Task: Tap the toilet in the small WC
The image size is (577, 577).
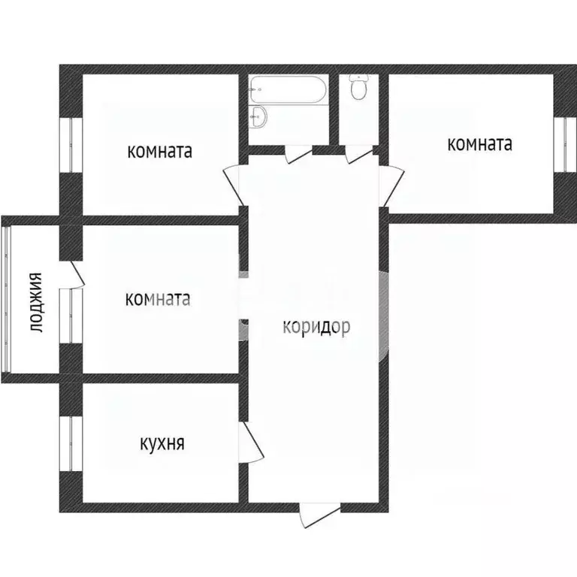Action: (x=358, y=88)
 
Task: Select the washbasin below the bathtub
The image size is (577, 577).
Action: (x=258, y=116)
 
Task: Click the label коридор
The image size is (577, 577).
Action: (x=316, y=327)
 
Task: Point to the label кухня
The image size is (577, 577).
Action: (x=162, y=443)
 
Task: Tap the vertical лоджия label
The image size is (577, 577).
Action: (x=35, y=303)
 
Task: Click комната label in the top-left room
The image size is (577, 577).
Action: (x=160, y=151)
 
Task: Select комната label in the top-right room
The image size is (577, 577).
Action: (x=479, y=143)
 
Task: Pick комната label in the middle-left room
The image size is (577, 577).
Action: (x=158, y=299)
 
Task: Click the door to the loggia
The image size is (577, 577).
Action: (x=75, y=273)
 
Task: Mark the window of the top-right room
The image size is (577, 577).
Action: (x=560, y=143)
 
